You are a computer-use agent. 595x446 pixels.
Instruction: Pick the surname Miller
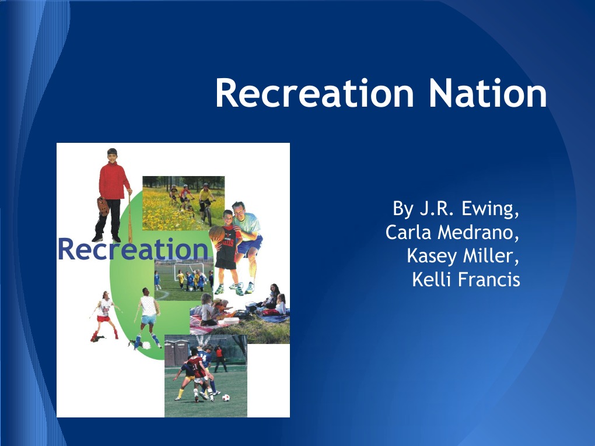[x=492, y=256]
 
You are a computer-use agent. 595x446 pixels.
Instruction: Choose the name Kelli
[x=432, y=280]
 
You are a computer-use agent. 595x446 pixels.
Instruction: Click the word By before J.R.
[x=402, y=209]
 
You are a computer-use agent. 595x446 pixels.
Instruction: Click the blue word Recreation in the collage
[x=132, y=250]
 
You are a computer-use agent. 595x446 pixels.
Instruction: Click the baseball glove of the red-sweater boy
[x=103, y=205]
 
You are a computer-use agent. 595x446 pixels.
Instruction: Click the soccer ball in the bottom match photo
[x=226, y=398]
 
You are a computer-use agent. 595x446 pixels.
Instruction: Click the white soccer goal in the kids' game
[x=188, y=270]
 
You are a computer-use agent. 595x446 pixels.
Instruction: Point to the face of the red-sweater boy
[x=112, y=155]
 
